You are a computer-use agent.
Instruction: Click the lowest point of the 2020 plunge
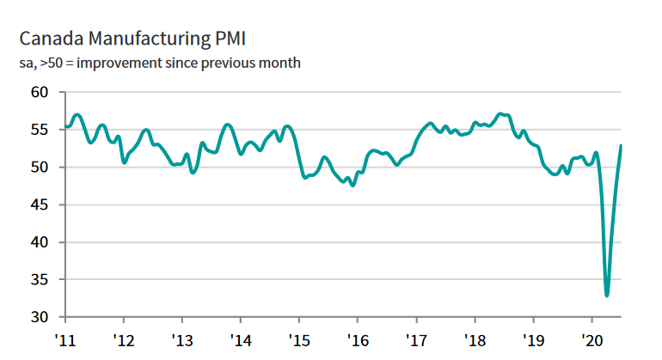(x=607, y=296)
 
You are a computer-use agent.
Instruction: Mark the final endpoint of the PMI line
(x=622, y=145)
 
